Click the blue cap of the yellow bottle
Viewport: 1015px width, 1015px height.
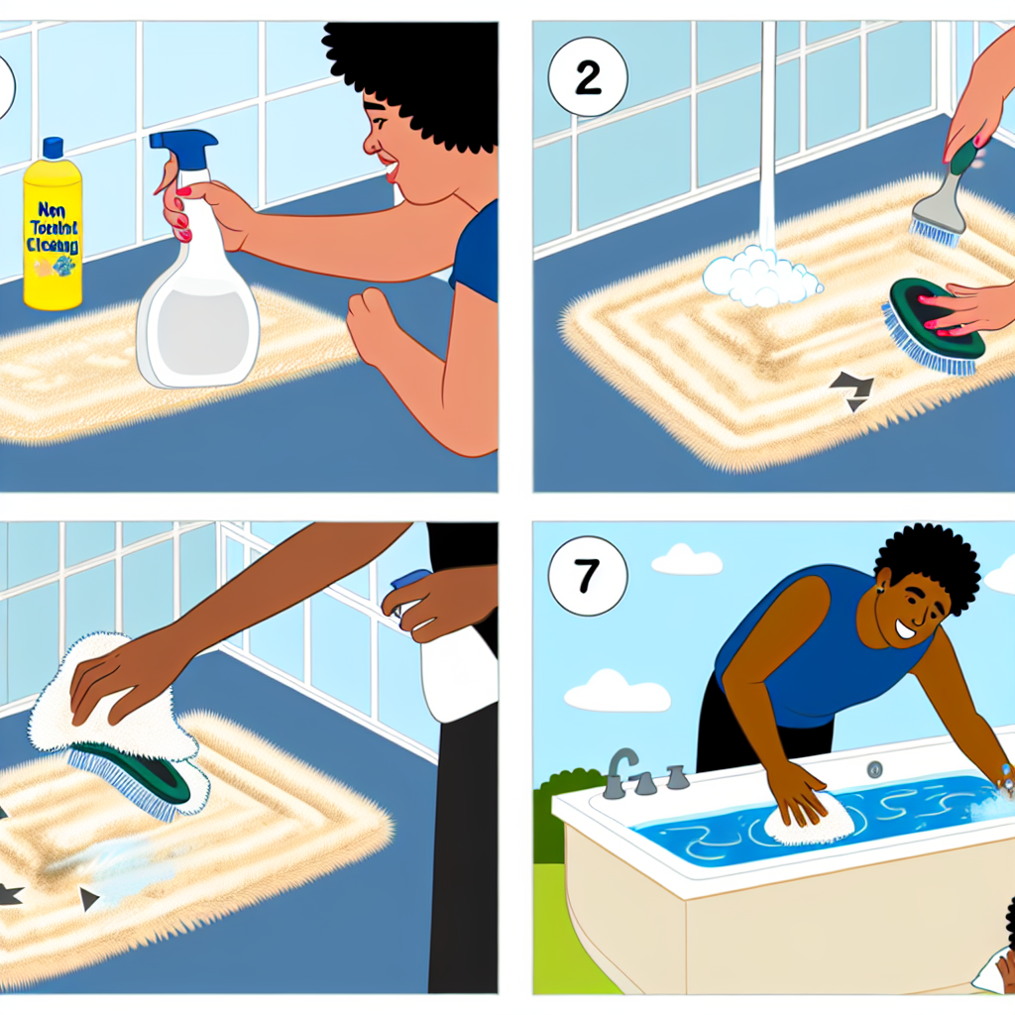(x=52, y=150)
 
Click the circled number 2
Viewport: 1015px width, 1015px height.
(x=588, y=77)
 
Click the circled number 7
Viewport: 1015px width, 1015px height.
(x=588, y=576)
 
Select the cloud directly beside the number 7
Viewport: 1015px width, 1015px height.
(x=686, y=561)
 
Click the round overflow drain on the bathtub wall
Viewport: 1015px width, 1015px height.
(x=874, y=769)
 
